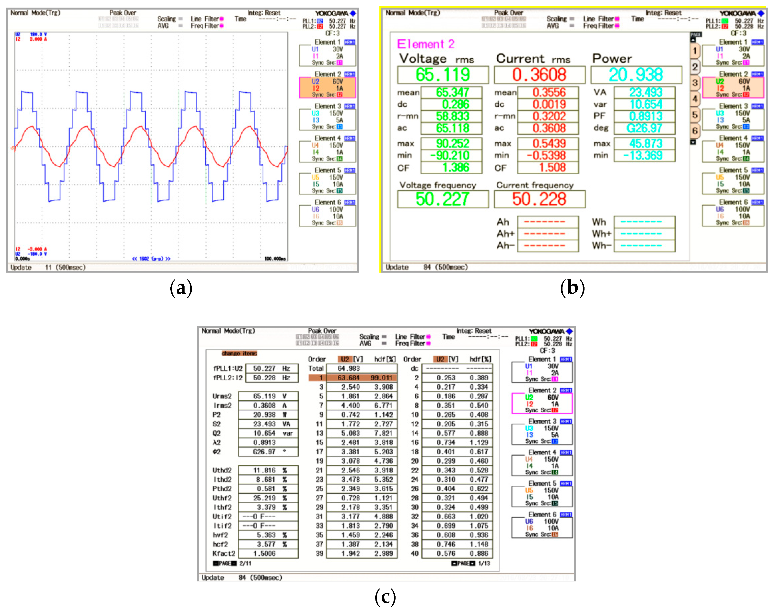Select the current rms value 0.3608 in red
539,75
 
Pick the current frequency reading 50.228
539,199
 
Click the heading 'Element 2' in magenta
425,44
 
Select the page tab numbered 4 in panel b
694,99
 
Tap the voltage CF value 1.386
455,167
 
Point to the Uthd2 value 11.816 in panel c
264,470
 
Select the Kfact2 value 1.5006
264,554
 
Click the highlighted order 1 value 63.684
348,378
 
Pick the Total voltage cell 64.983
348,368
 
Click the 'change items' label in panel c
239,353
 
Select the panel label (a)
181,288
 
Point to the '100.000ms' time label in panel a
275,258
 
